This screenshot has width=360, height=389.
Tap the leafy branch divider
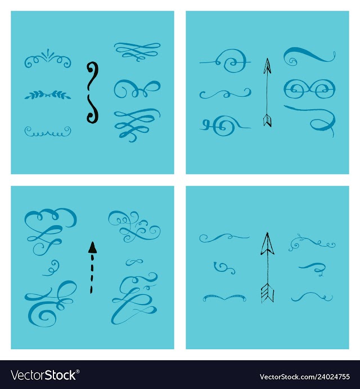(48, 95)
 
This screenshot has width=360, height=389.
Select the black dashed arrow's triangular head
(92, 248)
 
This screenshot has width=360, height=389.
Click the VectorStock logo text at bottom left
(43, 375)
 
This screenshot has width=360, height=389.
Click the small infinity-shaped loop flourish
(134, 262)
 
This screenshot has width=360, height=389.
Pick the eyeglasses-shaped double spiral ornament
(309, 89)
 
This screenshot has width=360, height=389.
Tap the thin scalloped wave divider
(48, 132)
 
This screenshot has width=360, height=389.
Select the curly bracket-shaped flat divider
(224, 297)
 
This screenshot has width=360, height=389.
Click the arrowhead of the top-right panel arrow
(267, 66)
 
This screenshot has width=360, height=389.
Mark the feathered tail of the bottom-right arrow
(267, 293)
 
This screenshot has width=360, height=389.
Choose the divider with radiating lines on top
(48, 59)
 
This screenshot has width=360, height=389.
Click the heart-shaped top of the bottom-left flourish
(51, 218)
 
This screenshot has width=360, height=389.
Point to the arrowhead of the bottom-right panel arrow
(267, 244)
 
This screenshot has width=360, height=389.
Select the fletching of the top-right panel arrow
(267, 120)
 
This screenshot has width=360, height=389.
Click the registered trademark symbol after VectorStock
(78, 372)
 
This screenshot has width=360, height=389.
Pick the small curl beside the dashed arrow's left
(52, 268)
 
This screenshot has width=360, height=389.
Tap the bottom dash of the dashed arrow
(91, 289)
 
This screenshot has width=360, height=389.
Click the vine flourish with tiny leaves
(312, 243)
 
